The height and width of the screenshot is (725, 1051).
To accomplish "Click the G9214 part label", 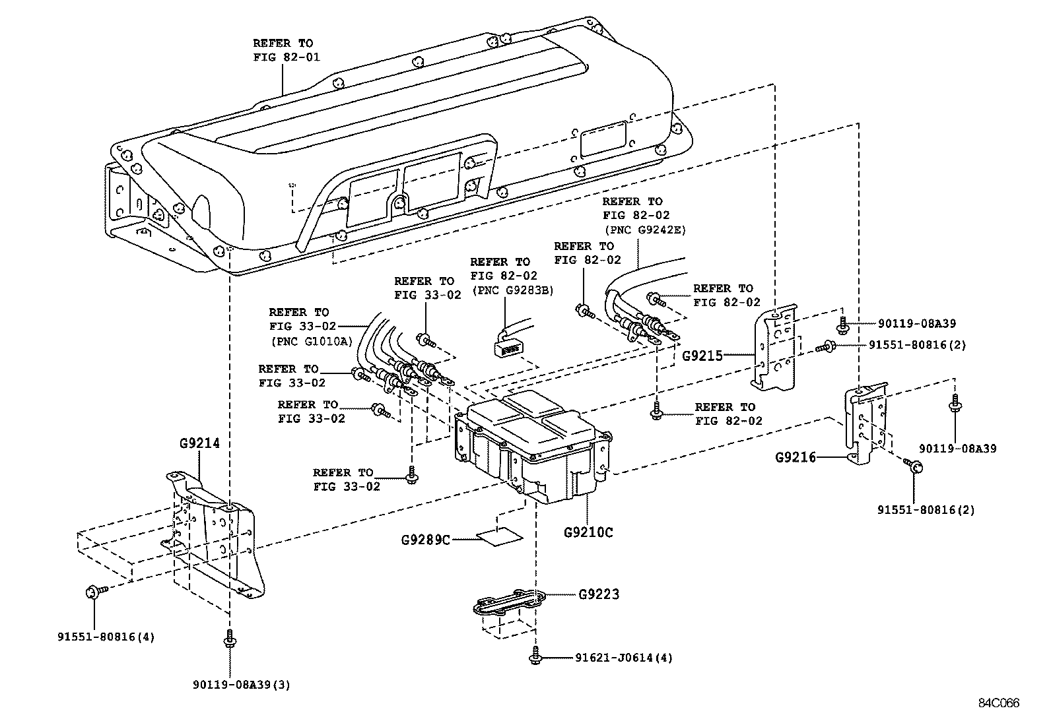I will tap(199, 443).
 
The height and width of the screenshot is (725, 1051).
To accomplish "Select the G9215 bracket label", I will tap(702, 356).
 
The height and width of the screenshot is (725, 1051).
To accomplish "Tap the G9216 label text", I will tap(796, 457).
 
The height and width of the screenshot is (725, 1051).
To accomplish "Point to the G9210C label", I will tap(588, 532).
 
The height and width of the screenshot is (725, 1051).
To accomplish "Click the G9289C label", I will tap(426, 540).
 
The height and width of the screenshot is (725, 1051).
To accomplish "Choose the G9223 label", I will tap(599, 594).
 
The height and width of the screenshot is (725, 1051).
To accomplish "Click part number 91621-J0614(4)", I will tap(624, 658).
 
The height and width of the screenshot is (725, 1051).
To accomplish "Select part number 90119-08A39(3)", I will tap(242, 685).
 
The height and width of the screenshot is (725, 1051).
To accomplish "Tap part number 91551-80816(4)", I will tap(106, 637).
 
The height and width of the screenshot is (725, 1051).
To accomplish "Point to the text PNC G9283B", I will tap(512, 290).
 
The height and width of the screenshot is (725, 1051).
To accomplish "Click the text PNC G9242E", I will tap(644, 230).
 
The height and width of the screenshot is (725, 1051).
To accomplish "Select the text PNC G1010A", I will tap(311, 341).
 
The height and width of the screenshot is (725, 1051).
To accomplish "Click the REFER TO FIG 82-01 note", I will tap(286, 50).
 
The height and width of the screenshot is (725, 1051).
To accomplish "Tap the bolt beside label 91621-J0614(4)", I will tap(534, 657).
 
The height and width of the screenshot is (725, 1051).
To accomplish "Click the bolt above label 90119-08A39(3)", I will tap(228, 639).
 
